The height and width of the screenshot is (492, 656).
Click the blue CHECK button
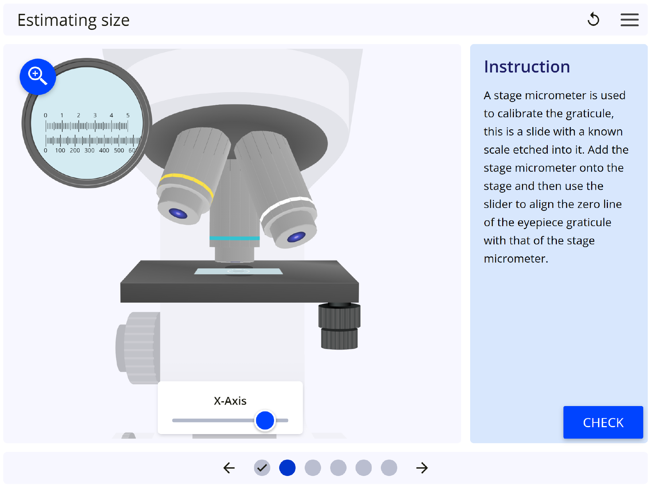[x=603, y=422]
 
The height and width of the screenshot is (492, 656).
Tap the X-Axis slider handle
[x=265, y=420]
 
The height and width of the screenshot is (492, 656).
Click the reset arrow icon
[x=593, y=19]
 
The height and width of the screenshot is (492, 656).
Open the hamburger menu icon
[x=629, y=20]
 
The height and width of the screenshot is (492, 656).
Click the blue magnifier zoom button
[x=38, y=77]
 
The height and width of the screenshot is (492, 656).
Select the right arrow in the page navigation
[x=422, y=468]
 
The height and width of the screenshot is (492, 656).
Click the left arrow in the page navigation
[x=229, y=468]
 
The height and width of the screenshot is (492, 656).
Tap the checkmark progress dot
[x=262, y=468]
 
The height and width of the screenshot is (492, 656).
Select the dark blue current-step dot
[x=287, y=468]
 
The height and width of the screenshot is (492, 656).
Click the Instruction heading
[x=527, y=67]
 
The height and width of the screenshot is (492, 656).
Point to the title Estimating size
[x=73, y=20]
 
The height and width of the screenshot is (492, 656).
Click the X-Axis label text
[x=230, y=401]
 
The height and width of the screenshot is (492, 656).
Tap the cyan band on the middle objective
[x=234, y=238]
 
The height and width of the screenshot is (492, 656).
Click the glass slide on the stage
[x=238, y=271]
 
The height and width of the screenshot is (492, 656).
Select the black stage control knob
[x=339, y=326]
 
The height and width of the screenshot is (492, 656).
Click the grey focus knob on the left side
[x=138, y=348]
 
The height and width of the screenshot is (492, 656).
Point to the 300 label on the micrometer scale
[x=89, y=150]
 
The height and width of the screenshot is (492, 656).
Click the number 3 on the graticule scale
[x=95, y=115]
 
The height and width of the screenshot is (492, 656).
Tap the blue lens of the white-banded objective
[x=296, y=237]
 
